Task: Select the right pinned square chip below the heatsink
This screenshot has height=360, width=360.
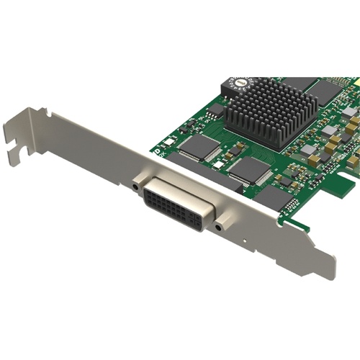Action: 249,169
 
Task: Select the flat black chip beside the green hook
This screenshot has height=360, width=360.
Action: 272,199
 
